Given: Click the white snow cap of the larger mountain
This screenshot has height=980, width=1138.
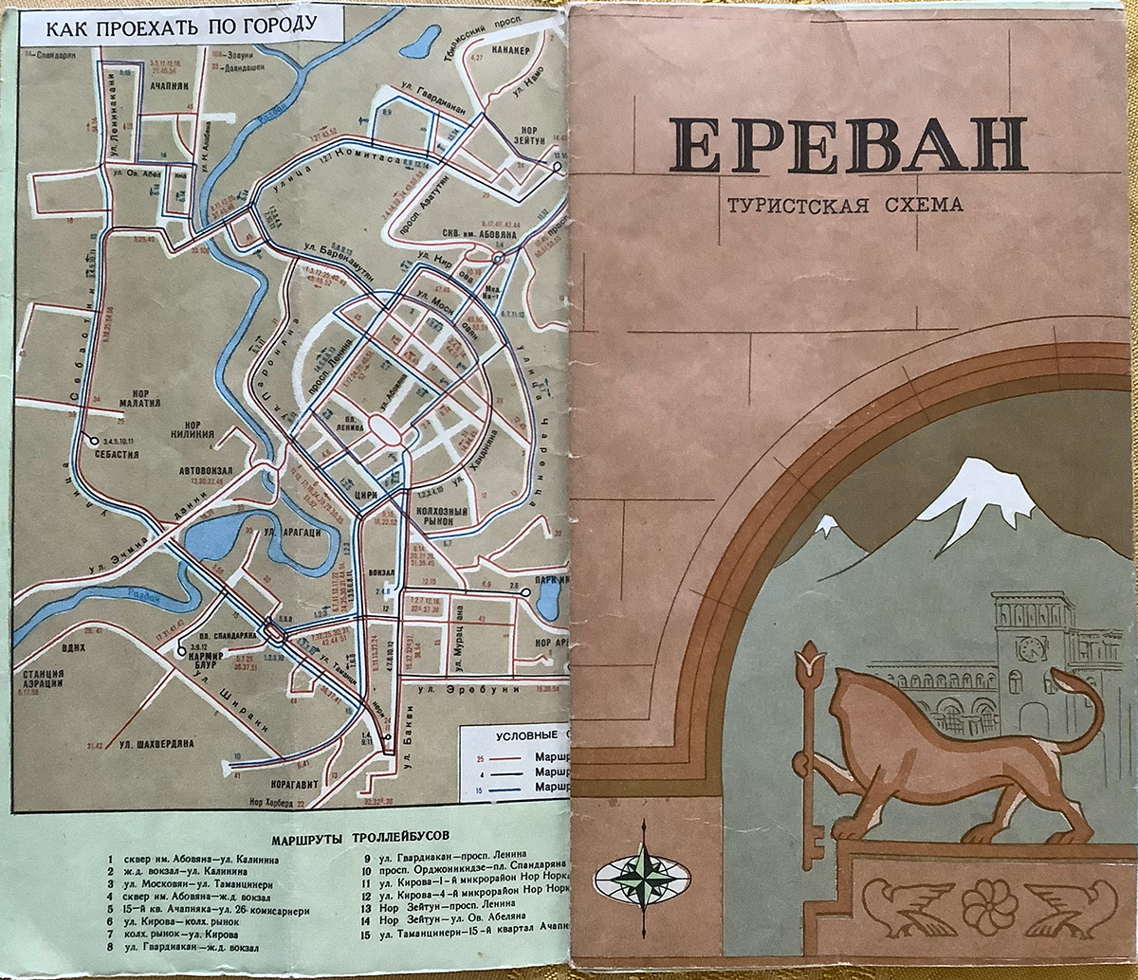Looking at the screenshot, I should pos(977,493).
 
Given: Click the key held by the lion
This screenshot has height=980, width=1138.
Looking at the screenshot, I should pos(810,758).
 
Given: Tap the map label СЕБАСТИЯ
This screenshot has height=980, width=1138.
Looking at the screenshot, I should pos(117,454).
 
